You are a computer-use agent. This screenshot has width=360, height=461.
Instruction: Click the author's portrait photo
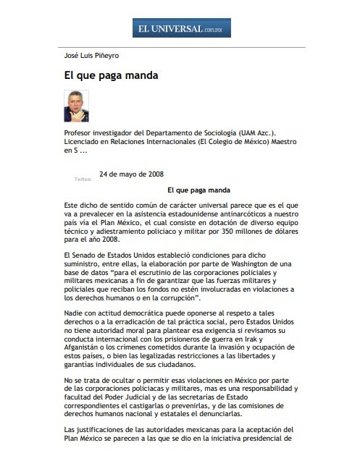(75, 106)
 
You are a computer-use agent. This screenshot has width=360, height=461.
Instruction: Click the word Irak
(274, 337)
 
